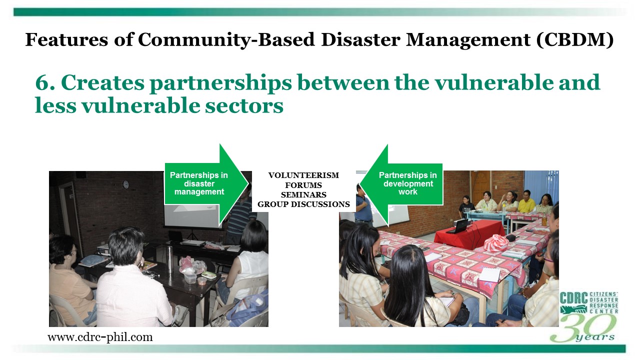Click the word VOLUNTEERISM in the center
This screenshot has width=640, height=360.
303,175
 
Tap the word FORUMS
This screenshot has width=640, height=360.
303,185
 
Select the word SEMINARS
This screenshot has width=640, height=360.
303,195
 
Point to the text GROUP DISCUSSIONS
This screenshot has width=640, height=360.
303,204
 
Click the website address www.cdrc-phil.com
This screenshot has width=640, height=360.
100,337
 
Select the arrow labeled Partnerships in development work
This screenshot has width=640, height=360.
401,184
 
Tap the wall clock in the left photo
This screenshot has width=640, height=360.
125,184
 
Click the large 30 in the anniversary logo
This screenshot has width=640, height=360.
583,328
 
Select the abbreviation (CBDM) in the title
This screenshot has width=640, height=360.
575,40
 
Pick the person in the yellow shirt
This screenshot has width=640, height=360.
526,201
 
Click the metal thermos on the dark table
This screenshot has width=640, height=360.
170,258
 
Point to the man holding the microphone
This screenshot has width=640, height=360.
363,204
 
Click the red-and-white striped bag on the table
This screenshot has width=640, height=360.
495,243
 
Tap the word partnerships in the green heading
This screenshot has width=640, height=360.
220,83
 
